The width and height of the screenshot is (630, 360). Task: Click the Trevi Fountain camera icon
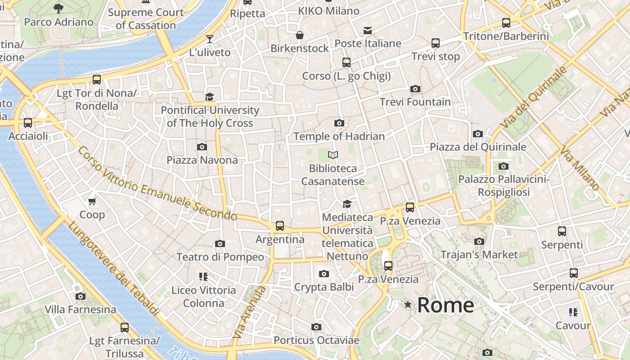pos(415,89)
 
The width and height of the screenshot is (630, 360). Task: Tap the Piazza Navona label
pos(202,160)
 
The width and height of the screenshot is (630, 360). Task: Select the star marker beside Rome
pos(408,305)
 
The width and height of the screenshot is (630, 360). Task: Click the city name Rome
pos(445,305)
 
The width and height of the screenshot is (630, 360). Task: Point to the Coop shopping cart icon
pos(92,201)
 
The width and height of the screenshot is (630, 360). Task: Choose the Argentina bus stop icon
pos(280,225)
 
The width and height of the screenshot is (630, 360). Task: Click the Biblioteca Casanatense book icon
pos(333,155)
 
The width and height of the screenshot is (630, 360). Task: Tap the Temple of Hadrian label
pos(339,136)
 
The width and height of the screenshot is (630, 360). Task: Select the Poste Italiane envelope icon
pos(368,31)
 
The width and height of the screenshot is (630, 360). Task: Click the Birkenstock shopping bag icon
pos(300,35)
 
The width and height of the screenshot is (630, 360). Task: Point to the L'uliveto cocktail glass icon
pos(210,39)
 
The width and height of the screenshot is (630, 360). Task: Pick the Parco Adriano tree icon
pos(58,8)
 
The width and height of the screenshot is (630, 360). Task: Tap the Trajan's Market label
pos(479,255)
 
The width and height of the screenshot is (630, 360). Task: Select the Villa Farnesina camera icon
pos(81,296)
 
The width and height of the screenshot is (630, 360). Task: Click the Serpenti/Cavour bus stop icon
pos(573,273)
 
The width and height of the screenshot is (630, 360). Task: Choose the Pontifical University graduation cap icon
pos(210,97)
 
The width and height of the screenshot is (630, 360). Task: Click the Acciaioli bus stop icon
pos(28,122)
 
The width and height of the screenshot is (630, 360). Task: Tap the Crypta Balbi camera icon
pos(324,274)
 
